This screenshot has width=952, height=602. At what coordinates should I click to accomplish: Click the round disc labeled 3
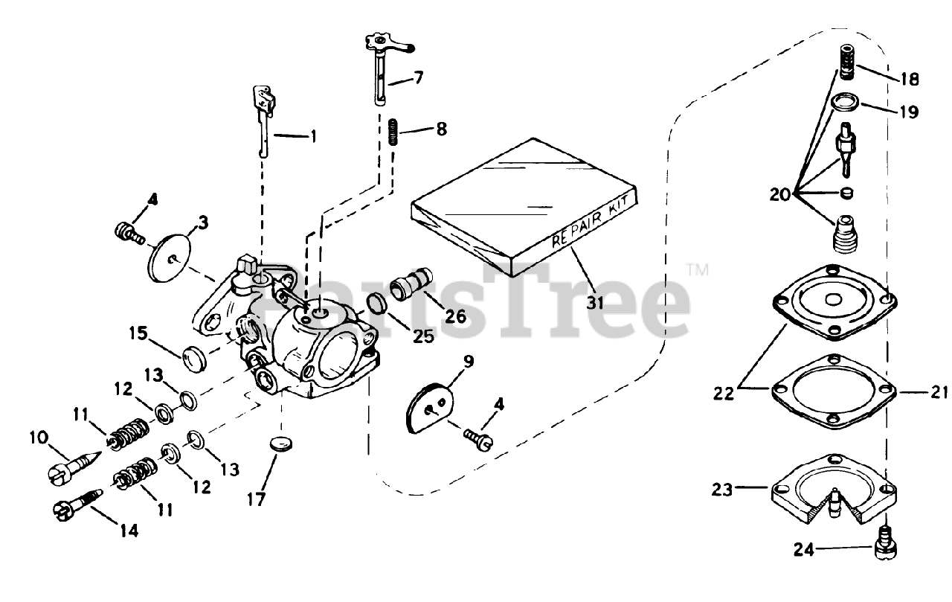[x=170, y=257]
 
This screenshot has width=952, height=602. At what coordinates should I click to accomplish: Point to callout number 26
[x=455, y=316]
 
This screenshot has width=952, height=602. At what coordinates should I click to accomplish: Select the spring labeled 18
[x=845, y=61]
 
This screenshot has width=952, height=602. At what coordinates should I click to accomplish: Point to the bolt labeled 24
[x=885, y=541]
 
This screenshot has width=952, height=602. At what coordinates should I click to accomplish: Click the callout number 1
[x=313, y=136]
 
